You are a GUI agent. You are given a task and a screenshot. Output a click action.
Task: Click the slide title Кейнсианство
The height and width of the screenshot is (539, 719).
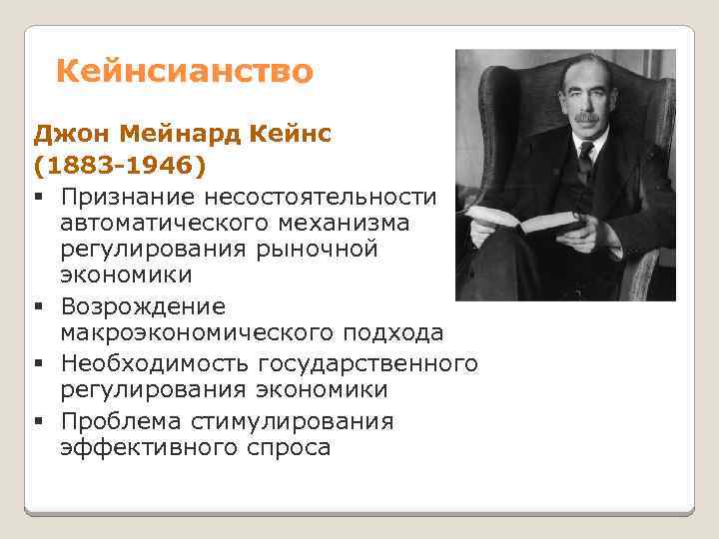[x=184, y=72]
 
